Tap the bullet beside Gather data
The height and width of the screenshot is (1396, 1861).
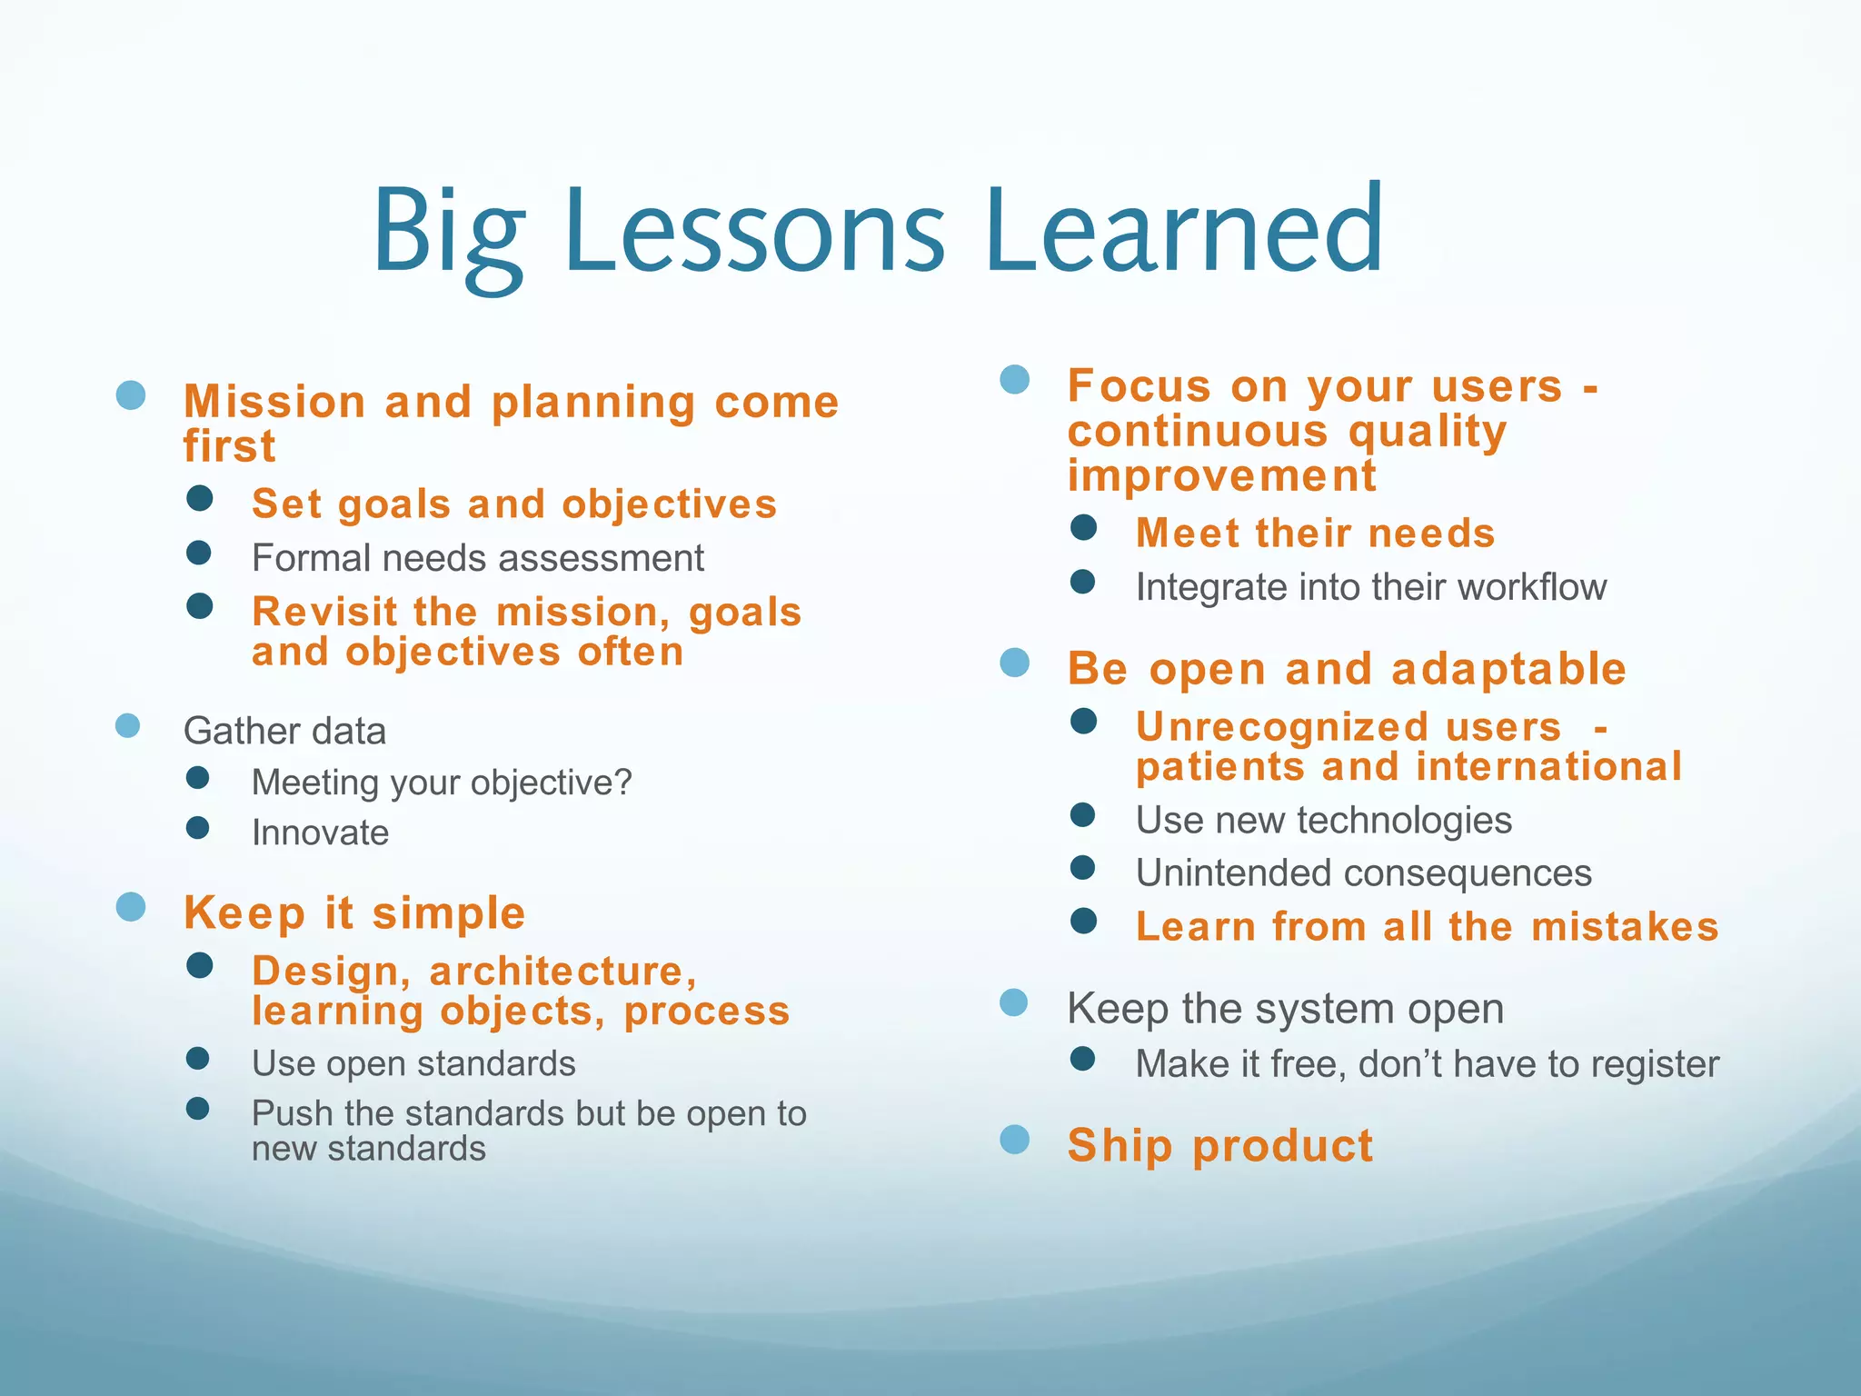click(128, 726)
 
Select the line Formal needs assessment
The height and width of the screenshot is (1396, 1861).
click(477, 558)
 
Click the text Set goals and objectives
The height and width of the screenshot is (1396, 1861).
click(514, 504)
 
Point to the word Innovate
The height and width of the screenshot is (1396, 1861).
click(320, 833)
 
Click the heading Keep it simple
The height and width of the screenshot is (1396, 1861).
click(354, 912)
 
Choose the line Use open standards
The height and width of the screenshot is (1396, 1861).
click(413, 1063)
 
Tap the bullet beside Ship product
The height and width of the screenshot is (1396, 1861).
click(1014, 1140)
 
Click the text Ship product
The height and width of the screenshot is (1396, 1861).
click(1219, 1145)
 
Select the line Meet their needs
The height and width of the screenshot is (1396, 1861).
click(1315, 533)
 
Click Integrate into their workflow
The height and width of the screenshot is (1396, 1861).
click(1370, 587)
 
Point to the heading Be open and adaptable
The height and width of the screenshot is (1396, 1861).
click(1347, 670)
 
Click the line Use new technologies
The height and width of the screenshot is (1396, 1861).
click(1323, 821)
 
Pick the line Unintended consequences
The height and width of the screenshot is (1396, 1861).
click(1363, 873)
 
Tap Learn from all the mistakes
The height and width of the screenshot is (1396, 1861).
click(1427, 927)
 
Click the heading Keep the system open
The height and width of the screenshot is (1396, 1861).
click(1285, 1009)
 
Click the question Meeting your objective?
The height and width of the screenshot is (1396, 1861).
click(442, 783)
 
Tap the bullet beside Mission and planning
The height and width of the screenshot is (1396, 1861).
click(132, 395)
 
